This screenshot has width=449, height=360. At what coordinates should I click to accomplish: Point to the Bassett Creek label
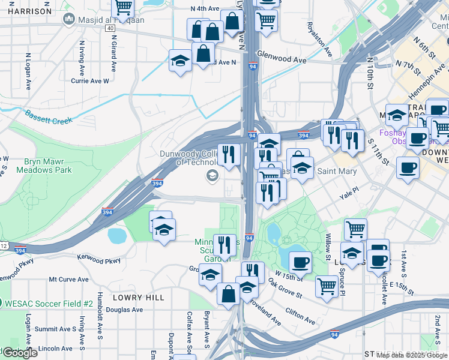47,116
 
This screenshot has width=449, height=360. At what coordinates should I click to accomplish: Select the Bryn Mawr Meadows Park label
48,166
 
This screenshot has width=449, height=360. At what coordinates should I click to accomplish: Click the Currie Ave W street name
90,80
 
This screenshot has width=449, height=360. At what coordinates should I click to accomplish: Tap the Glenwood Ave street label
282,60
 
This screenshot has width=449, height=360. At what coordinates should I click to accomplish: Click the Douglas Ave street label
124,310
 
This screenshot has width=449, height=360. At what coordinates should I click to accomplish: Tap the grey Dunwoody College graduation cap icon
211,175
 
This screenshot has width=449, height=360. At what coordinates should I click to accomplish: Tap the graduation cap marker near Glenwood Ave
180,61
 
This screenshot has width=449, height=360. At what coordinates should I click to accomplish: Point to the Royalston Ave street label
319,40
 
